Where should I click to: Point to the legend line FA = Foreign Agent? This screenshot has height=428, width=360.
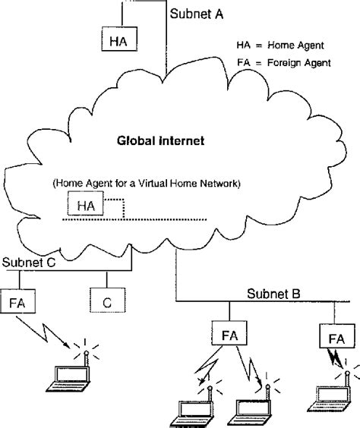(x=286, y=62)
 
